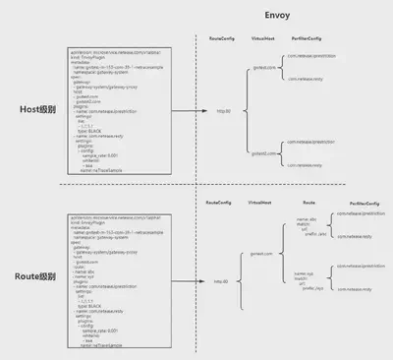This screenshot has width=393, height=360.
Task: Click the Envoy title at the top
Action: (277, 16)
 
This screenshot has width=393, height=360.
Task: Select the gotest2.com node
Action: (262, 153)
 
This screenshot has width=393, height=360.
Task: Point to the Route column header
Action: (309, 201)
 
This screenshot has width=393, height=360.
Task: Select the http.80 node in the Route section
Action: (223, 281)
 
